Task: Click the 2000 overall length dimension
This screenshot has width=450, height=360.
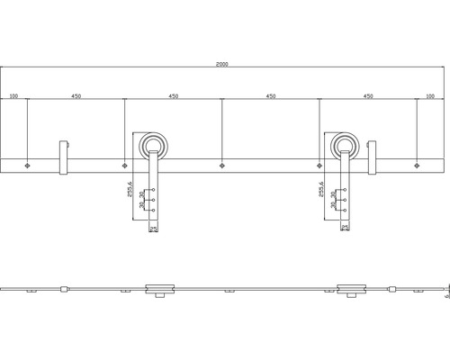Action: pyautogui.click(x=222, y=65)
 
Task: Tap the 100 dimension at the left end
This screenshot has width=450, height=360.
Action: pyautogui.click(x=14, y=94)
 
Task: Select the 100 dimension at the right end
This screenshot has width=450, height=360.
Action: pyautogui.click(x=429, y=94)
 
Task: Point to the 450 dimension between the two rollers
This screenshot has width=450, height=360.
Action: pyautogui.click(x=270, y=94)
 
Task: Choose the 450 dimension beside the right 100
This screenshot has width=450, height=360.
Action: pyautogui.click(x=367, y=94)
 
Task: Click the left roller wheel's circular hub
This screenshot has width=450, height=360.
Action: pyautogui.click(x=153, y=146)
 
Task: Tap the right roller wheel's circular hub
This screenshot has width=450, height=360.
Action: pyautogui.click(x=345, y=146)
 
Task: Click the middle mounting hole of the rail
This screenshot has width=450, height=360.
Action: pyautogui.click(x=222, y=166)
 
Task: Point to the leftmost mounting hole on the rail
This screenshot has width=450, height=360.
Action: pyautogui.click(x=29, y=166)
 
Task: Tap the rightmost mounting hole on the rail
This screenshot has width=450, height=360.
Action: pyautogui.click(x=417, y=166)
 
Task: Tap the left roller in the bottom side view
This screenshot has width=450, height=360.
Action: pyautogui.click(x=159, y=289)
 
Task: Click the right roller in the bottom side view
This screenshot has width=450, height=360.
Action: pyautogui.click(x=351, y=289)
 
